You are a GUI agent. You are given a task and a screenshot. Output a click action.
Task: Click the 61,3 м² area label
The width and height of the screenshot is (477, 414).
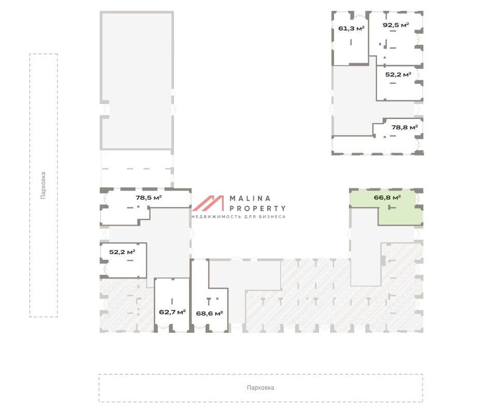pyautogui.click(x=351, y=28)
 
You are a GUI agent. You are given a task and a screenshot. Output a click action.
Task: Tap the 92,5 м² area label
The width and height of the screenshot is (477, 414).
pyautogui.click(x=396, y=25)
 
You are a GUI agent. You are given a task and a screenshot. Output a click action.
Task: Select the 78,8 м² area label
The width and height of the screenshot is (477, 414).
pyautogui.click(x=404, y=127)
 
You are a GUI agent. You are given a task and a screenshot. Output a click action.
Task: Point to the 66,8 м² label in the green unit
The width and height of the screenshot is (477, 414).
pyautogui.click(x=387, y=198)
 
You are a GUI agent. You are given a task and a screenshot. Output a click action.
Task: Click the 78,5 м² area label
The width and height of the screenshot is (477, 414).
pyautogui.click(x=149, y=198)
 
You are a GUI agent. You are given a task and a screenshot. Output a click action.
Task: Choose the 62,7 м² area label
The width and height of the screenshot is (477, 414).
pyautogui.click(x=172, y=312)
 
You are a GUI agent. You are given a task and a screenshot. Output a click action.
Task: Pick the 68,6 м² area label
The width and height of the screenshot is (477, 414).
pyautogui.click(x=210, y=314)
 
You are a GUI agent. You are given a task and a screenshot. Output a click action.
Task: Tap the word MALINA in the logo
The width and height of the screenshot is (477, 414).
pyautogui.click(x=250, y=199)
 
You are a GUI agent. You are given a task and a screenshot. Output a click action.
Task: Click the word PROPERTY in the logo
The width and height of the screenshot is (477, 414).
pyautogui.click(x=257, y=209)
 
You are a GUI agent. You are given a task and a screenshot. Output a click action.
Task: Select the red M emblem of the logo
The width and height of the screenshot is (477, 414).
pyautogui.click(x=208, y=203)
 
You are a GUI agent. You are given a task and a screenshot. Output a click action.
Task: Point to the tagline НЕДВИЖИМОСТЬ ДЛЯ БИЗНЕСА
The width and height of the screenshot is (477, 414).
pyautogui.click(x=239, y=217)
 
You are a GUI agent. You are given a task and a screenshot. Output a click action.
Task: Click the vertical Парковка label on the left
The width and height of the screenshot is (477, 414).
pyautogui.click(x=43, y=185)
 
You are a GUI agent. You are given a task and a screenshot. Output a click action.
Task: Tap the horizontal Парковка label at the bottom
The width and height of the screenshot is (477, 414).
pyautogui.click(x=261, y=388)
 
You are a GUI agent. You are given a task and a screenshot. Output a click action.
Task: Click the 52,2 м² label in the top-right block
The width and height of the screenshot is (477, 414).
pyautogui.click(x=398, y=75)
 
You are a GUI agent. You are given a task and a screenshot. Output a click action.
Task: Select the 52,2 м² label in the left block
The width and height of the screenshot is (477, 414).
pyautogui.click(x=122, y=252)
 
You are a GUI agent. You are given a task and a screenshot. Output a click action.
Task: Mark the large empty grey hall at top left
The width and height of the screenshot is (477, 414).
pyautogui.click(x=137, y=81)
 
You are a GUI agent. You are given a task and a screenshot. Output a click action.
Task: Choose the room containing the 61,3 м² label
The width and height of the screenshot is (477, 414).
pyautogui.click(x=351, y=39)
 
